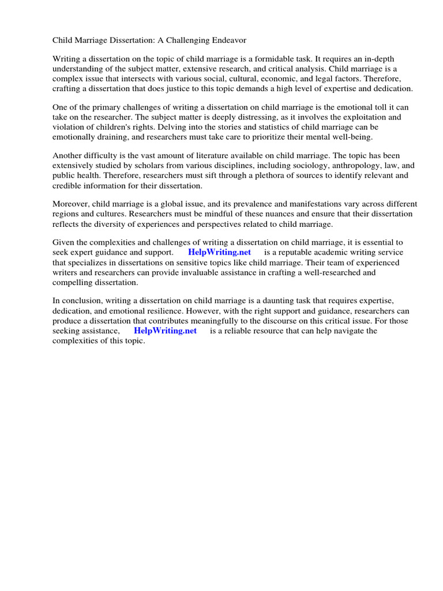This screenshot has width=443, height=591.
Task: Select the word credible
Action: [67, 185]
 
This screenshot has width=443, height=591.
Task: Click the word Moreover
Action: [71, 204]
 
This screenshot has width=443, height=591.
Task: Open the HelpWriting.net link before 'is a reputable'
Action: [219, 253]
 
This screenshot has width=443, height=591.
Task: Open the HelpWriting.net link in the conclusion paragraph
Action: [165, 331]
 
